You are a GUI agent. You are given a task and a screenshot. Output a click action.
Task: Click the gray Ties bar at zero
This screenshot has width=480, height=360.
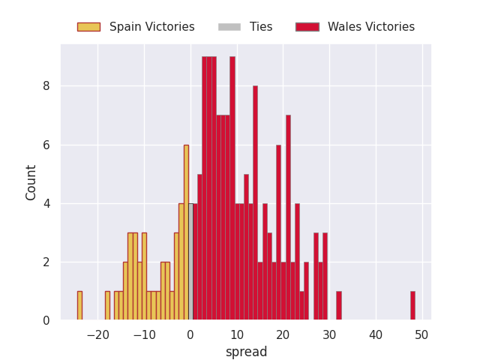(x=190, y=262)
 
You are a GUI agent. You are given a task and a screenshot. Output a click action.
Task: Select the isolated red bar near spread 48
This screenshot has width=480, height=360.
(x=413, y=306)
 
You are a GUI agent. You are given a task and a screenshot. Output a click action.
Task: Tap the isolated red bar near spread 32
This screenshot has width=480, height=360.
(x=339, y=306)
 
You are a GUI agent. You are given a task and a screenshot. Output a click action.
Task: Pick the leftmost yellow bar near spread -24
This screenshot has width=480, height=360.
(x=80, y=306)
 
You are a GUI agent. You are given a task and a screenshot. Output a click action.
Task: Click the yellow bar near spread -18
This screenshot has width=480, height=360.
(x=107, y=306)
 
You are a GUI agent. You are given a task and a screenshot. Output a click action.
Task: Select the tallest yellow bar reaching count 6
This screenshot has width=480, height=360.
(x=186, y=232)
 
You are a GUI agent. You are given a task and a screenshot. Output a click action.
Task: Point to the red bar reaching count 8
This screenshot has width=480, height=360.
(x=255, y=203)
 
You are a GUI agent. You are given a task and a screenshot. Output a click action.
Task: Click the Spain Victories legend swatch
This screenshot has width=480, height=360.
(x=88, y=27)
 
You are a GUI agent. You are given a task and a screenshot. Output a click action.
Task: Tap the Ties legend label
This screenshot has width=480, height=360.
(x=261, y=27)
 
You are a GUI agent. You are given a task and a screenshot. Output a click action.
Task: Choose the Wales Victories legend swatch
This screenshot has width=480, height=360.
(x=307, y=27)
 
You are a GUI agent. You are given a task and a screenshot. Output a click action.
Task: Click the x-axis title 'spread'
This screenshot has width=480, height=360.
(x=247, y=352)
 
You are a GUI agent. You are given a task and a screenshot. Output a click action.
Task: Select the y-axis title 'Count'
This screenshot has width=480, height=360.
(x=31, y=183)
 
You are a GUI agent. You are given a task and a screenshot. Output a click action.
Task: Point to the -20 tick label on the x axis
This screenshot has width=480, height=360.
(x=98, y=335)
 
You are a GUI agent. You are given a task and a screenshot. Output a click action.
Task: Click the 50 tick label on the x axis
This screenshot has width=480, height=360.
(x=421, y=335)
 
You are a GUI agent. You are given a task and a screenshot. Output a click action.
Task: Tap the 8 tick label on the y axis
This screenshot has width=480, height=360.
(x=46, y=86)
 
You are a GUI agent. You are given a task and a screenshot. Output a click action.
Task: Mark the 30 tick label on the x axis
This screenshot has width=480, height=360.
(x=329, y=335)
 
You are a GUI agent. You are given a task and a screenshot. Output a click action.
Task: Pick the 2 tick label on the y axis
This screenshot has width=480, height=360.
(x=46, y=262)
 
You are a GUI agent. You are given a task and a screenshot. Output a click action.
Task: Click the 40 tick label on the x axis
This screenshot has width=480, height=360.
(x=376, y=335)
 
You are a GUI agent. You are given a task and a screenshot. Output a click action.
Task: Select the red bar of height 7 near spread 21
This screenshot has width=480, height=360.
(x=288, y=218)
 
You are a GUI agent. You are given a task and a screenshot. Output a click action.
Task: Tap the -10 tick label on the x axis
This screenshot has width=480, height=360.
(x=145, y=335)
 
